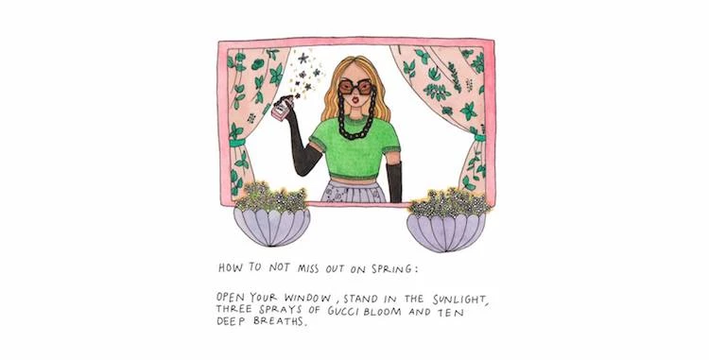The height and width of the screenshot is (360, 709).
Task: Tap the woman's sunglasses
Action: pyautogui.click(x=355, y=86)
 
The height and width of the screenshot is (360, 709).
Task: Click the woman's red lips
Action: pyautogui.click(x=355, y=99)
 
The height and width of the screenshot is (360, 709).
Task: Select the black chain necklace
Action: pyautogui.click(x=357, y=113)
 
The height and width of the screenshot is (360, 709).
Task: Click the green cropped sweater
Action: pyautogui.click(x=354, y=146)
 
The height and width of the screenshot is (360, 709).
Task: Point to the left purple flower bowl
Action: pyautogui.click(x=271, y=226)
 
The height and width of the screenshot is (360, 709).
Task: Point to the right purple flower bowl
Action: pyautogui.click(x=446, y=232)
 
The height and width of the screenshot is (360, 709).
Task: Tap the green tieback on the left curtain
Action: pyautogui.click(x=237, y=143)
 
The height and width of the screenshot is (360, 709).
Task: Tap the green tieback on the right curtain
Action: pyautogui.click(x=479, y=137)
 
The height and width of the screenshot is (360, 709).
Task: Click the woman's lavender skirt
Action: pyautogui.click(x=353, y=191)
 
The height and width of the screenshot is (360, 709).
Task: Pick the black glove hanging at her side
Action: pyautogui.click(x=394, y=181)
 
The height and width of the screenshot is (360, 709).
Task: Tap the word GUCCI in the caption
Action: pyautogui.click(x=344, y=311)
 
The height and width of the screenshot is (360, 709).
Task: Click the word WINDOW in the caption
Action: pyautogui.click(x=307, y=299)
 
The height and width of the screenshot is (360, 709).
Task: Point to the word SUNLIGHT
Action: pyautogui.click(x=459, y=300)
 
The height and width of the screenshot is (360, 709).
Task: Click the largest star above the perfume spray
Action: pyautogui.click(x=303, y=58)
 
